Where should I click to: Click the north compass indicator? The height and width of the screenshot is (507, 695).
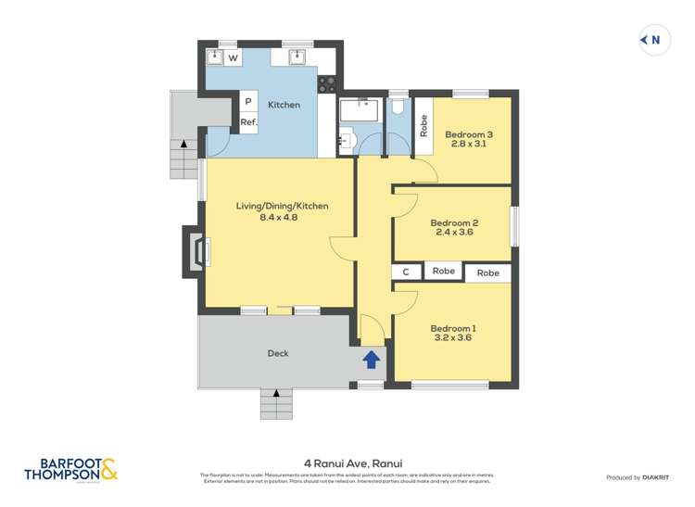[x=652, y=40]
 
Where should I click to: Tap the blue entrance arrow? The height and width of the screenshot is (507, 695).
[x=371, y=360]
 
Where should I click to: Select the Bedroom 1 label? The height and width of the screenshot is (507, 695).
[x=453, y=328]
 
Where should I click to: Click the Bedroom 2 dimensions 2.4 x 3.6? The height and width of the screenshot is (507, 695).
[x=453, y=233]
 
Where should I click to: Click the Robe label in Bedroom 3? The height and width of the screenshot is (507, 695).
[x=423, y=125]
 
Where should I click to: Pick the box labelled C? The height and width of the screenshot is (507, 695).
[x=406, y=272]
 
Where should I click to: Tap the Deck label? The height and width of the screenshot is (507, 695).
[x=278, y=353]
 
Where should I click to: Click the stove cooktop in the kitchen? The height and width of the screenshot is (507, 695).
[x=327, y=84]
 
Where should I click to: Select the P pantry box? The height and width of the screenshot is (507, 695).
[x=248, y=101]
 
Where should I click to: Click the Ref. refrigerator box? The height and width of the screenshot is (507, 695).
[x=248, y=121]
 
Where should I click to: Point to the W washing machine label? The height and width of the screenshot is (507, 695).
[x=233, y=58]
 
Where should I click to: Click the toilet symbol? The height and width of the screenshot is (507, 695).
[x=398, y=107]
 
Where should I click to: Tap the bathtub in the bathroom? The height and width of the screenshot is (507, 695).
[x=359, y=110]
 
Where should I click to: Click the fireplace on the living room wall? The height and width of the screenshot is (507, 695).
[x=197, y=251]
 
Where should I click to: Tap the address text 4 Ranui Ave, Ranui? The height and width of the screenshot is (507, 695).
[x=347, y=463]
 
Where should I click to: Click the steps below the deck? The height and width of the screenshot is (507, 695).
[x=277, y=404]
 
